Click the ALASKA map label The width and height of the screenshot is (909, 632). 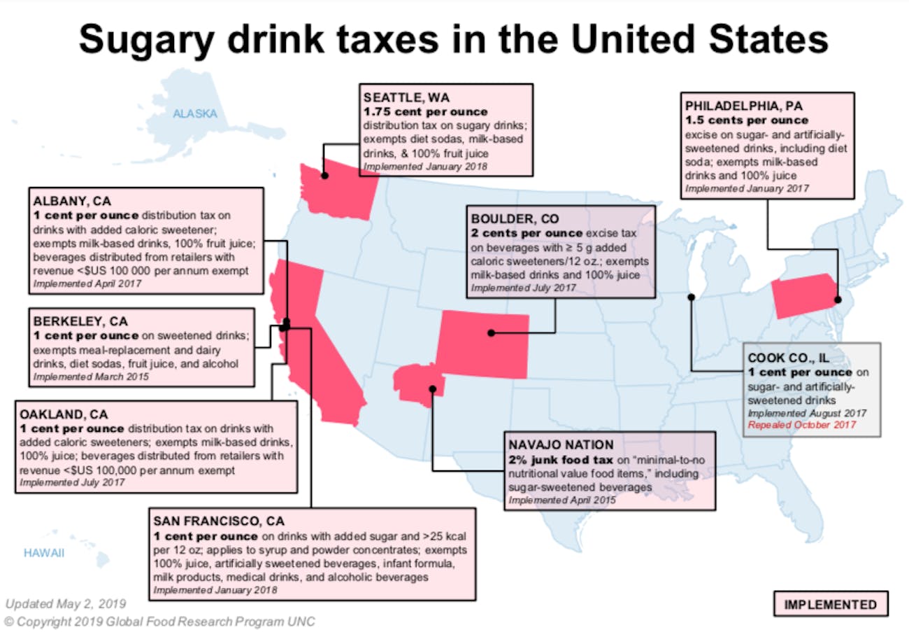point(195,113)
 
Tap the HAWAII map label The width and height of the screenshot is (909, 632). point(43,553)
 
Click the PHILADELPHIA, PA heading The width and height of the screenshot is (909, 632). point(743,106)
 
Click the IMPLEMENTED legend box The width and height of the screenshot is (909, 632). point(830,605)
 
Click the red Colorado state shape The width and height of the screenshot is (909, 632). point(482,338)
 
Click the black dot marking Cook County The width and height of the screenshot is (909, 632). point(691,297)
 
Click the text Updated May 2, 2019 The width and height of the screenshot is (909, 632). point(66,603)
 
